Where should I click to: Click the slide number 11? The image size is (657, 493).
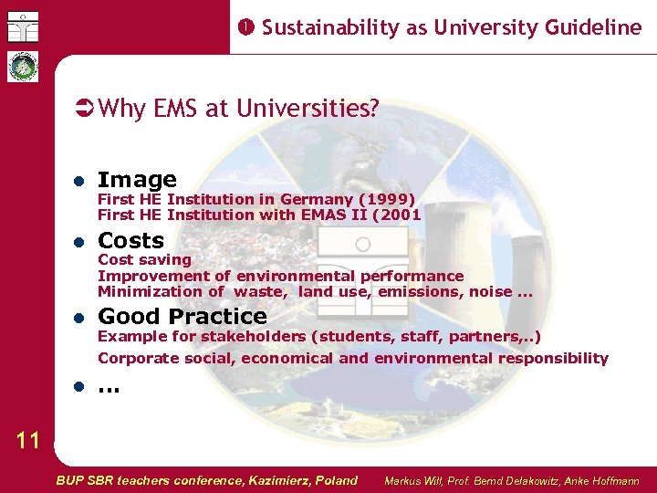pos(28,441)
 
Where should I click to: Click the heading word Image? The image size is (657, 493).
pos(137,180)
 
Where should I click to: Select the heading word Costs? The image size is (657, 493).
pos(130,240)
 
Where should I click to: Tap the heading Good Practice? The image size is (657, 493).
pos(182,317)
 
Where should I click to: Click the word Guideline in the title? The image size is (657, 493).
pos(596,27)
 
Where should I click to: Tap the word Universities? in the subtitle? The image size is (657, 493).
pos(308,109)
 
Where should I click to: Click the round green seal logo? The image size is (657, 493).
pos(20,67)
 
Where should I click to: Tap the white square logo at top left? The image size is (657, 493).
pos(19,25)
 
